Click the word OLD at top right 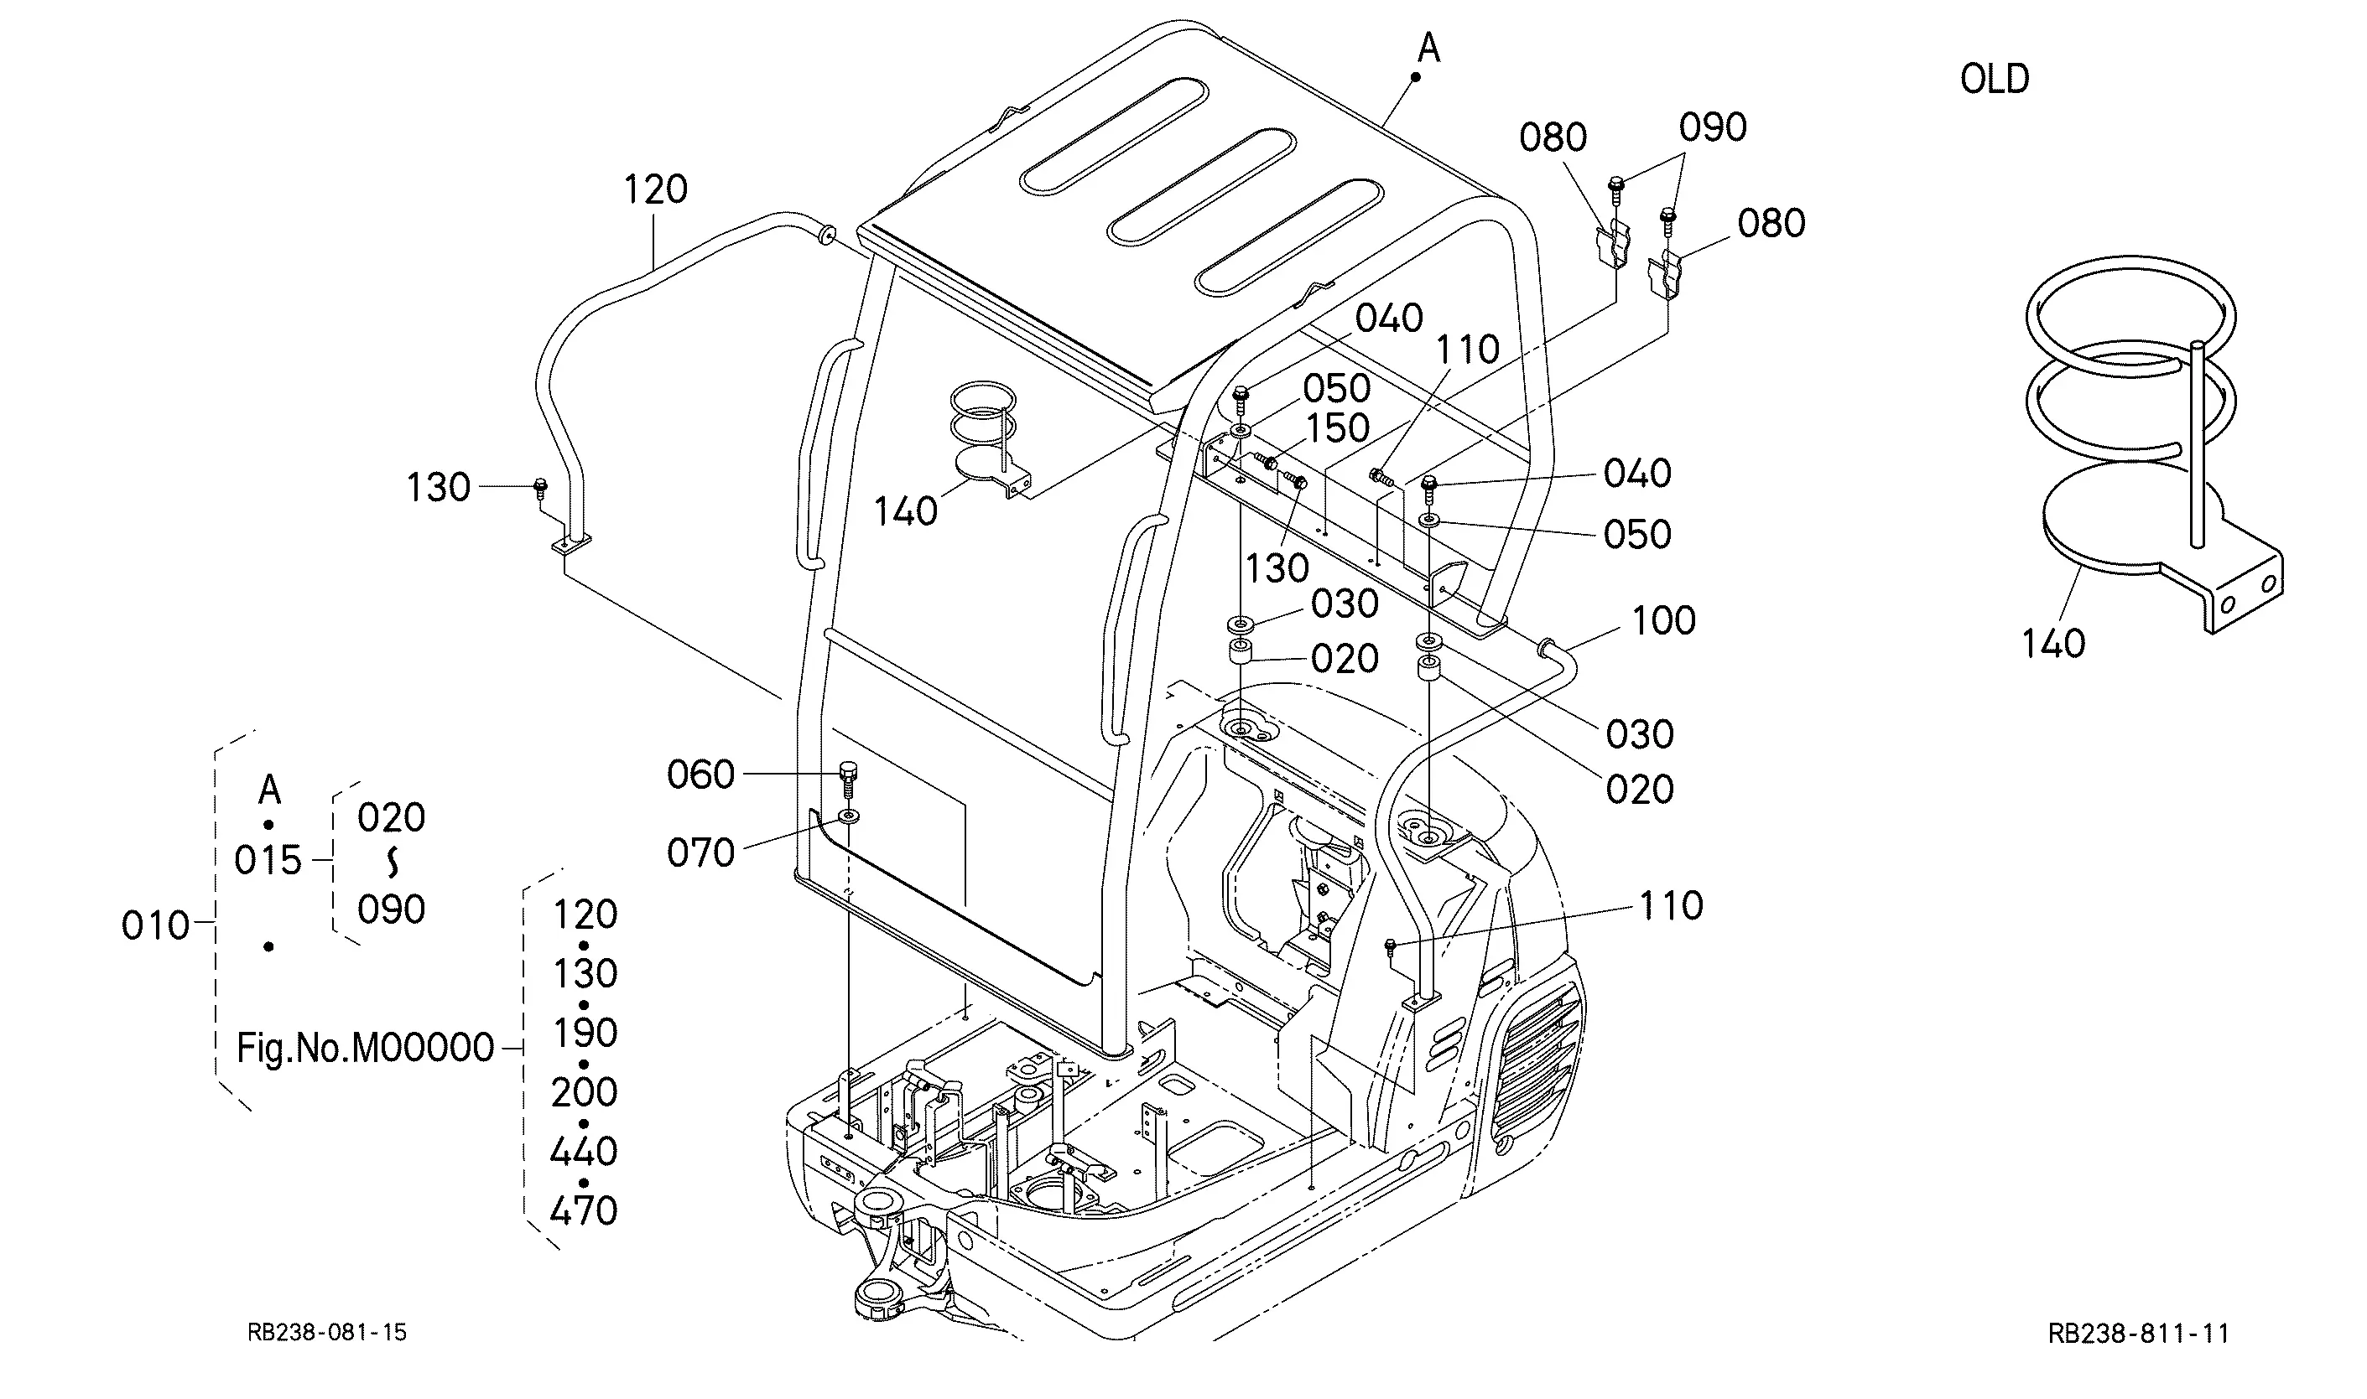point(1994,79)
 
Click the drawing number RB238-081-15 point(326,1332)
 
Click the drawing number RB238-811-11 point(2138,1333)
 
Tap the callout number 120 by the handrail point(654,189)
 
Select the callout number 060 point(700,775)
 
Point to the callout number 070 point(700,853)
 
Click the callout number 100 point(1662,621)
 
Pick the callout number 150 point(1337,429)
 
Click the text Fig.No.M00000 point(365,1048)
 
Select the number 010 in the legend point(156,925)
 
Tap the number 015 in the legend point(267,861)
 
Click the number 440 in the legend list point(583,1152)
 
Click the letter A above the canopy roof point(1428,47)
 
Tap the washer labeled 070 point(849,816)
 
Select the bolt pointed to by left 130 point(540,487)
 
